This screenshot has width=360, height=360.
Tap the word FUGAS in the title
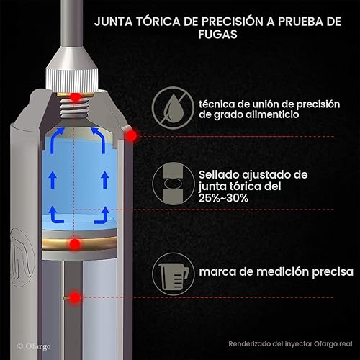pyautogui.click(x=217, y=34)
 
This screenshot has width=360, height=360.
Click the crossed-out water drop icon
pyautogui.click(x=173, y=108)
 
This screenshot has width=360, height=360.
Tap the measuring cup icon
pyautogui.click(x=173, y=273)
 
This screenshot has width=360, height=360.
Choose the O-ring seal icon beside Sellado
pyautogui.click(x=173, y=185)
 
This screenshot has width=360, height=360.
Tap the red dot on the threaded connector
pyautogui.click(x=73, y=96)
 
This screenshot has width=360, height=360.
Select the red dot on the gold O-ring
pyautogui.click(x=73, y=246)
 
